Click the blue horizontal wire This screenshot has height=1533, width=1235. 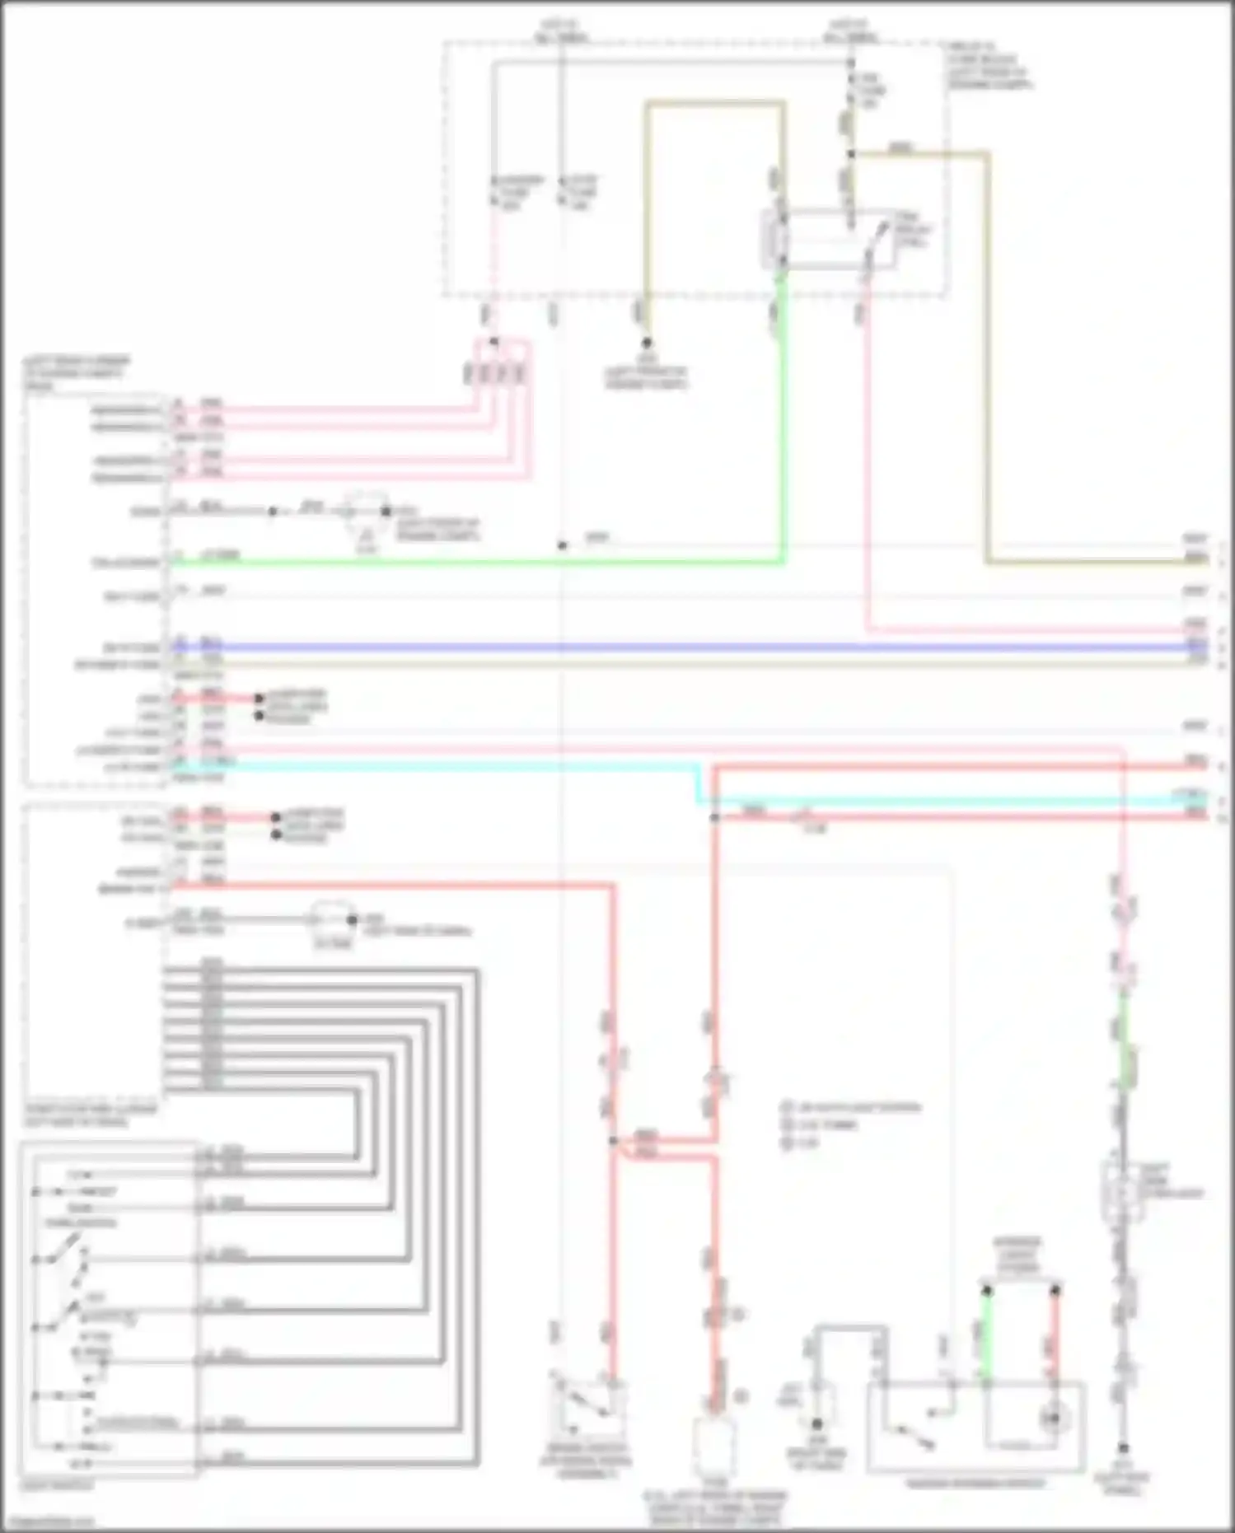(659, 647)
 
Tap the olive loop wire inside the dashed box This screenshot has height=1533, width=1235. (713, 104)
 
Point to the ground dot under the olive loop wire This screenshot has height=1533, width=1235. (647, 343)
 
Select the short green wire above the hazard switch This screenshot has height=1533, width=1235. (986, 1334)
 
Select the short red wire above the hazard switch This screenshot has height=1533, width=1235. (1055, 1334)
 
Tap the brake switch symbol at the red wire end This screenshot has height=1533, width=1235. (587, 1404)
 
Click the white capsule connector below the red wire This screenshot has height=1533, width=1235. (713, 1446)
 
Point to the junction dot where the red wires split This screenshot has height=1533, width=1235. (614, 1141)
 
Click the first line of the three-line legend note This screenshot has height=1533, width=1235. (854, 1107)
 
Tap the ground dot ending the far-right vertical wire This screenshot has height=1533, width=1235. (1122, 1447)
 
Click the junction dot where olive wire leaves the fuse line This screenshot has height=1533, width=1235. (851, 153)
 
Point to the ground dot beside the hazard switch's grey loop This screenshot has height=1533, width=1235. (816, 1423)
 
